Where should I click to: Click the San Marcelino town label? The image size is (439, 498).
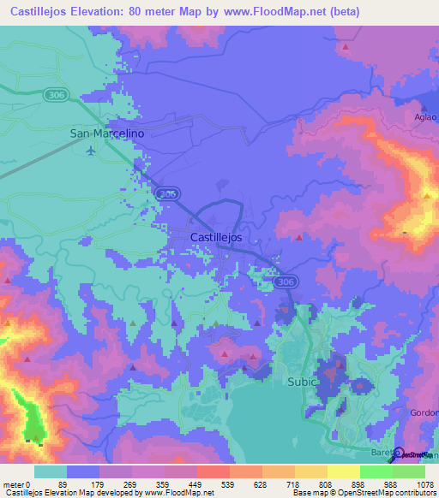(x=106, y=133)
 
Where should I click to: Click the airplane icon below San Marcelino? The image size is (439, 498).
(x=92, y=151)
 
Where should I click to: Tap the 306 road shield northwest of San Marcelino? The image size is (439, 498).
(x=58, y=95)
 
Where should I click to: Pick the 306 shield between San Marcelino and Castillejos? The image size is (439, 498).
(x=169, y=194)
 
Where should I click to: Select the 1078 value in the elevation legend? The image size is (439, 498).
(x=412, y=484)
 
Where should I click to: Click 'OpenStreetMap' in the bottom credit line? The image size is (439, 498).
(x=352, y=494)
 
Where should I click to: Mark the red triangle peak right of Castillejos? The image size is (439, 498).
(x=298, y=237)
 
